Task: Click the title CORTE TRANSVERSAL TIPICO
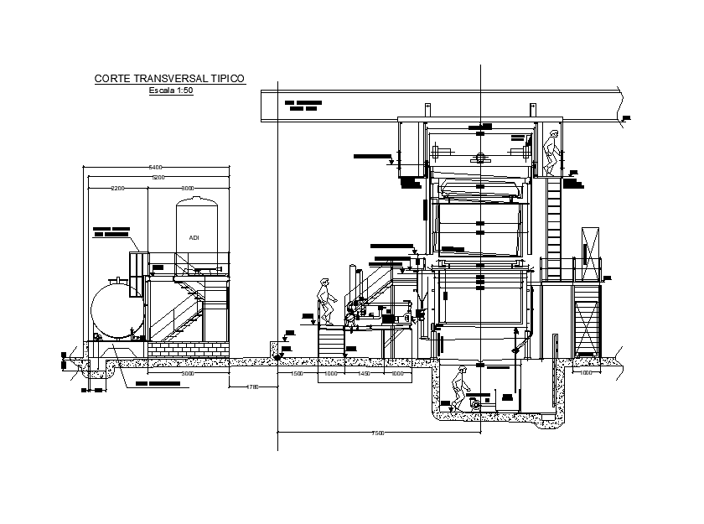click(x=169, y=78)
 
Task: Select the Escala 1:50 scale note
click(x=171, y=90)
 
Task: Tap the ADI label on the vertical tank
click(x=194, y=238)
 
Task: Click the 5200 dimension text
click(x=158, y=178)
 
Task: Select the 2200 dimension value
click(x=117, y=189)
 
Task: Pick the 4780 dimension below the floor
click(x=252, y=387)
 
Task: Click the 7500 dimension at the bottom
click(x=378, y=433)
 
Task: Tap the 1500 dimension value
click(x=297, y=373)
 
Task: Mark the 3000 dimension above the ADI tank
click(x=188, y=189)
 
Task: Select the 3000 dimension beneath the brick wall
click(x=188, y=373)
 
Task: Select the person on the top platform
click(x=551, y=153)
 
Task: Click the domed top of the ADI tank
click(x=197, y=203)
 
